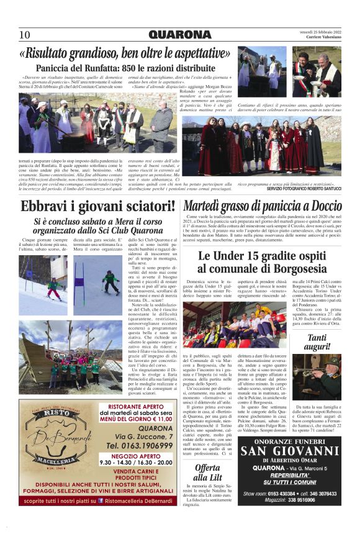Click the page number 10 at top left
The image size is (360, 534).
coord(24,35)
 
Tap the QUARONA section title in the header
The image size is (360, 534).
coord(179,35)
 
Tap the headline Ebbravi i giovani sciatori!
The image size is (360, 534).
coord(89,207)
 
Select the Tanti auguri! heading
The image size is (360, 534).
coord(318,343)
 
